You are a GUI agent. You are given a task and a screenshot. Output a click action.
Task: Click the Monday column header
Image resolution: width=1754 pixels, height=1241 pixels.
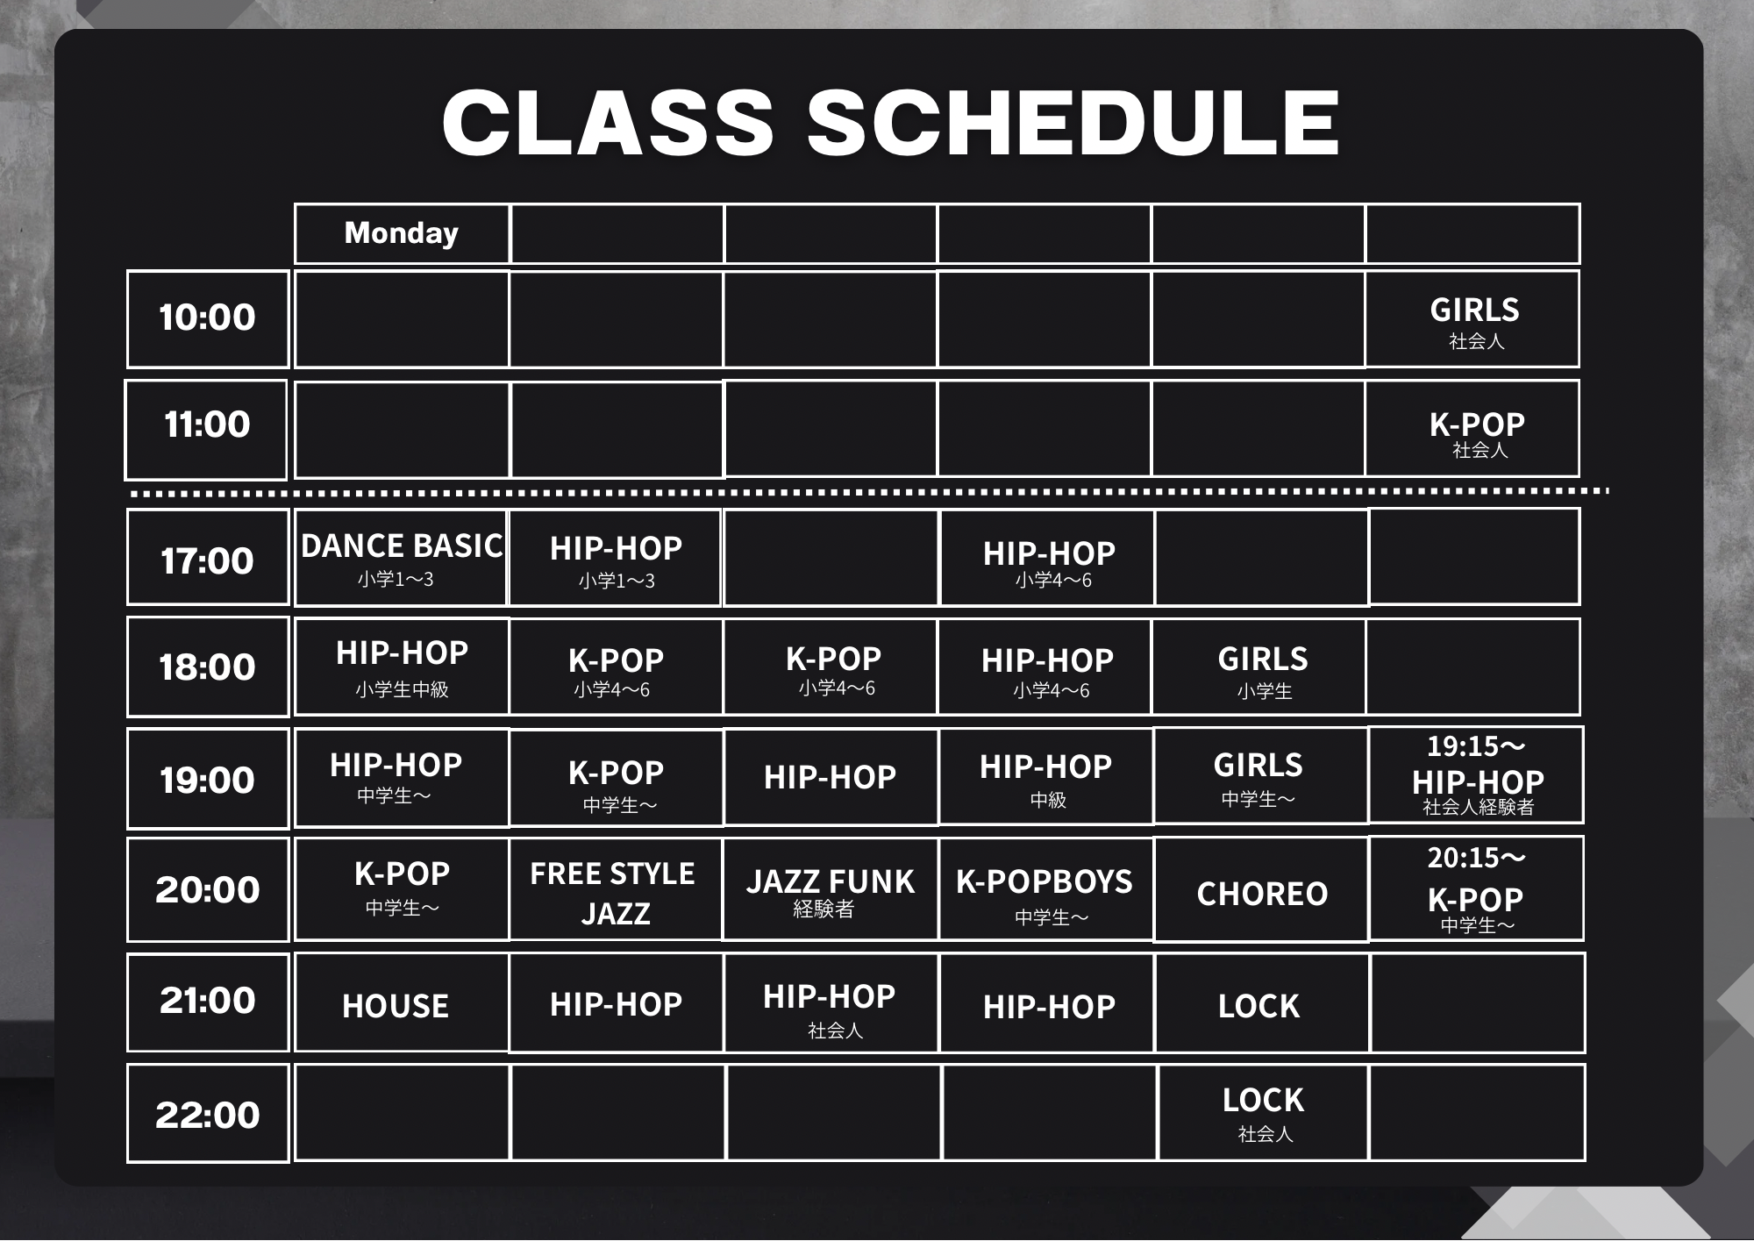click(402, 233)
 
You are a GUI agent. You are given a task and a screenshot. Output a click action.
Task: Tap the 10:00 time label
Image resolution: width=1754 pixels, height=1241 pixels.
click(208, 318)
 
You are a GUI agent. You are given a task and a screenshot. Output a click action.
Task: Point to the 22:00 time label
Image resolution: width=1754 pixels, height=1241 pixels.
click(208, 1113)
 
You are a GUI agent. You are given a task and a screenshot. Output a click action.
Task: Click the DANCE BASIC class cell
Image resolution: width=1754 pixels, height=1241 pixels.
click(401, 557)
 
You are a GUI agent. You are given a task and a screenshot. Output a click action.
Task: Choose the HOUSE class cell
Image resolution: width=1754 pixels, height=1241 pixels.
click(402, 1002)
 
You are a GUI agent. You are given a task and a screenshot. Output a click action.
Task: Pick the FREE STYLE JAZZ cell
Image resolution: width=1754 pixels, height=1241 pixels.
click(616, 889)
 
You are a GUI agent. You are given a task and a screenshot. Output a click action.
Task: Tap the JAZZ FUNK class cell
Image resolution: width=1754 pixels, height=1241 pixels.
click(830, 889)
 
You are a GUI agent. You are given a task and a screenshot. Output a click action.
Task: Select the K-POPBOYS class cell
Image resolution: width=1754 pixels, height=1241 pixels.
click(1045, 889)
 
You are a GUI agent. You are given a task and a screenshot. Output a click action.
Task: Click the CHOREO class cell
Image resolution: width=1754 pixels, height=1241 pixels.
click(1261, 889)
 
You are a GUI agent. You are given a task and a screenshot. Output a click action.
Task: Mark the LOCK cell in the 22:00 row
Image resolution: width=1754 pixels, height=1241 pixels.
click(1264, 1113)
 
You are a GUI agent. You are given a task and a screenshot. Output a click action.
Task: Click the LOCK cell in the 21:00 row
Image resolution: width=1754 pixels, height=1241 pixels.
click(1261, 1002)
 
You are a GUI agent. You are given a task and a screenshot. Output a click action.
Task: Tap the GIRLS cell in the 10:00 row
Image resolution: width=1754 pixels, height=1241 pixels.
click(1472, 318)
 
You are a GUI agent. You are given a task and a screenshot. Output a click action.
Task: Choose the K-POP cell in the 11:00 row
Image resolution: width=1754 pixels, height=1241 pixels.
click(1472, 429)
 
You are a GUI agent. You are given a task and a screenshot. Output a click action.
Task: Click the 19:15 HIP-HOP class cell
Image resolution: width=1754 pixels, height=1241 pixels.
click(1476, 775)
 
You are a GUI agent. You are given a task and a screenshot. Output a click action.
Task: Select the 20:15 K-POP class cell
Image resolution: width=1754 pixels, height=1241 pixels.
click(1476, 888)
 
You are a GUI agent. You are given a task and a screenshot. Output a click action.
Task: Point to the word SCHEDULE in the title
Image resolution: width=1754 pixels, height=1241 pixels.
click(1073, 123)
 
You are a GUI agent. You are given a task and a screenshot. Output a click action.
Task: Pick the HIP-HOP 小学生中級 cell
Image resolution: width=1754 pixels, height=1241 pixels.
click(402, 667)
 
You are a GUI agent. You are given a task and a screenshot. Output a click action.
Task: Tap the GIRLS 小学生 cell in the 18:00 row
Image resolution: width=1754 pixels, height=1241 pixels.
click(1259, 667)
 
